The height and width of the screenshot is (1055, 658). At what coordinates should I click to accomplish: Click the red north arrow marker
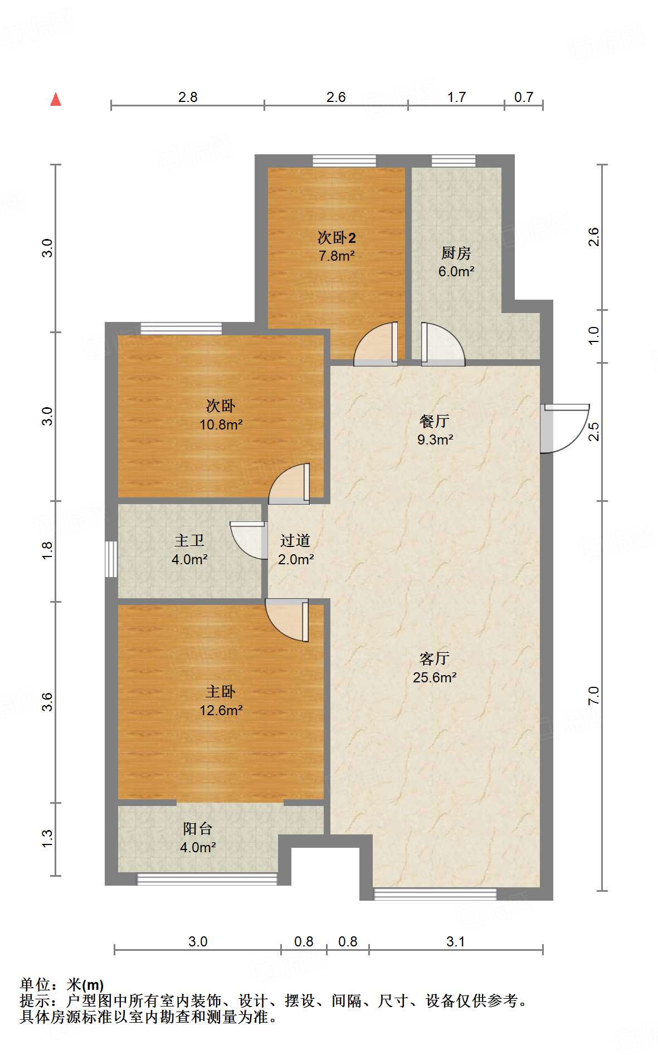click(x=56, y=100)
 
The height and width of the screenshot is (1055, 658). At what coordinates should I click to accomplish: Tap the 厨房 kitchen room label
click(x=456, y=253)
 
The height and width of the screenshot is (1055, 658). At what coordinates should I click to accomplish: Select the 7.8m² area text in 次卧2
click(x=337, y=256)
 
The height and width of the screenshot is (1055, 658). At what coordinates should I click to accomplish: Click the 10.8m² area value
click(x=221, y=425)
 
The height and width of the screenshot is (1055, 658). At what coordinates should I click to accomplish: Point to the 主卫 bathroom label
click(x=189, y=540)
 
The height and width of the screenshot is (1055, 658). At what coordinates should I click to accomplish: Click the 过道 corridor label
click(x=295, y=540)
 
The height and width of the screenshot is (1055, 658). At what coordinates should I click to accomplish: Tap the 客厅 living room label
click(x=435, y=659)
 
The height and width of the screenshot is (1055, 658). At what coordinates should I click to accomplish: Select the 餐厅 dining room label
click(x=435, y=421)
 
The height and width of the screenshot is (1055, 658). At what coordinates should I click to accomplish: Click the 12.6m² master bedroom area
click(x=221, y=711)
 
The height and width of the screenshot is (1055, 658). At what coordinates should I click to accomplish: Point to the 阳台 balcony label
click(x=198, y=829)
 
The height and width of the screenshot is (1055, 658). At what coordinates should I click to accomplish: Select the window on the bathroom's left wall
click(x=111, y=559)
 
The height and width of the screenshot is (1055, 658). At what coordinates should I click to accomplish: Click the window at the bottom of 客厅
click(x=435, y=894)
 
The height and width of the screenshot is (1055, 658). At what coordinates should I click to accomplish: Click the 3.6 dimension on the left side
click(x=47, y=701)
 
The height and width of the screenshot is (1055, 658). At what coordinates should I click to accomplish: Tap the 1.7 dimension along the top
click(x=456, y=97)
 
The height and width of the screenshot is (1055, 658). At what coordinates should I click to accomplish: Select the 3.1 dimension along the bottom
click(x=455, y=942)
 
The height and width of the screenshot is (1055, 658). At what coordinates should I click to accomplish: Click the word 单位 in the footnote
click(x=35, y=985)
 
